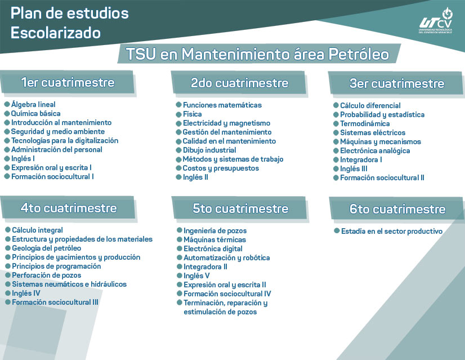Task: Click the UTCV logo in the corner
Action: pyautogui.click(x=436, y=21)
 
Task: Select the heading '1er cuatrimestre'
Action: pyautogui.click(x=68, y=82)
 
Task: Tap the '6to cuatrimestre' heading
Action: pyautogui.click(x=397, y=209)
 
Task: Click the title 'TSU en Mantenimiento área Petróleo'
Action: pyautogui.click(x=257, y=54)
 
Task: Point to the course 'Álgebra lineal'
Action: pyautogui.click(x=33, y=104)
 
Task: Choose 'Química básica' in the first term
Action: pyautogui.click(x=35, y=113)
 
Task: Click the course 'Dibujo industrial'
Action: pyautogui.click(x=209, y=150)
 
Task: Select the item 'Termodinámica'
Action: pyautogui.click(x=365, y=124)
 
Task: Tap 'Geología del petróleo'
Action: pyautogui.click(x=46, y=248)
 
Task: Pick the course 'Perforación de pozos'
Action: pyautogui.click(x=46, y=275)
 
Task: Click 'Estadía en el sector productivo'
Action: pyautogui.click(x=392, y=231)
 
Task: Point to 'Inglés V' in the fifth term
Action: pyautogui.click(x=196, y=275)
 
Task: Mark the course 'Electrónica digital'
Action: pyautogui.click(x=213, y=248)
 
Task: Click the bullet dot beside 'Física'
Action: pyautogui.click(x=178, y=114)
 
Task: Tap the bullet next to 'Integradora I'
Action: pyautogui.click(x=336, y=159)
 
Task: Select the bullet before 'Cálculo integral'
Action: pyautogui.click(x=8, y=230)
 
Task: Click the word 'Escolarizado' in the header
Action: pyautogui.click(x=56, y=33)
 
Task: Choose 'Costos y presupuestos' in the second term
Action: pyautogui.click(x=221, y=168)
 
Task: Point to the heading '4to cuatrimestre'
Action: pyautogui.click(x=69, y=208)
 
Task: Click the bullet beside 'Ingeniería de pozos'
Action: pyautogui.click(x=180, y=230)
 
